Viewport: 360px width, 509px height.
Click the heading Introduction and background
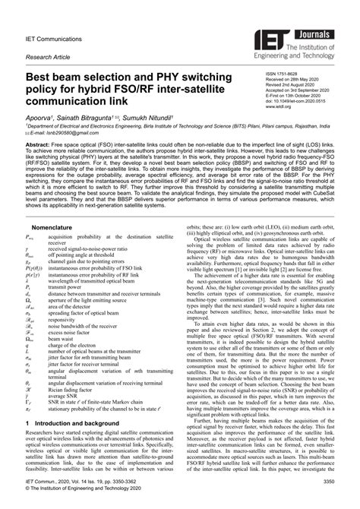[76, 422]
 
